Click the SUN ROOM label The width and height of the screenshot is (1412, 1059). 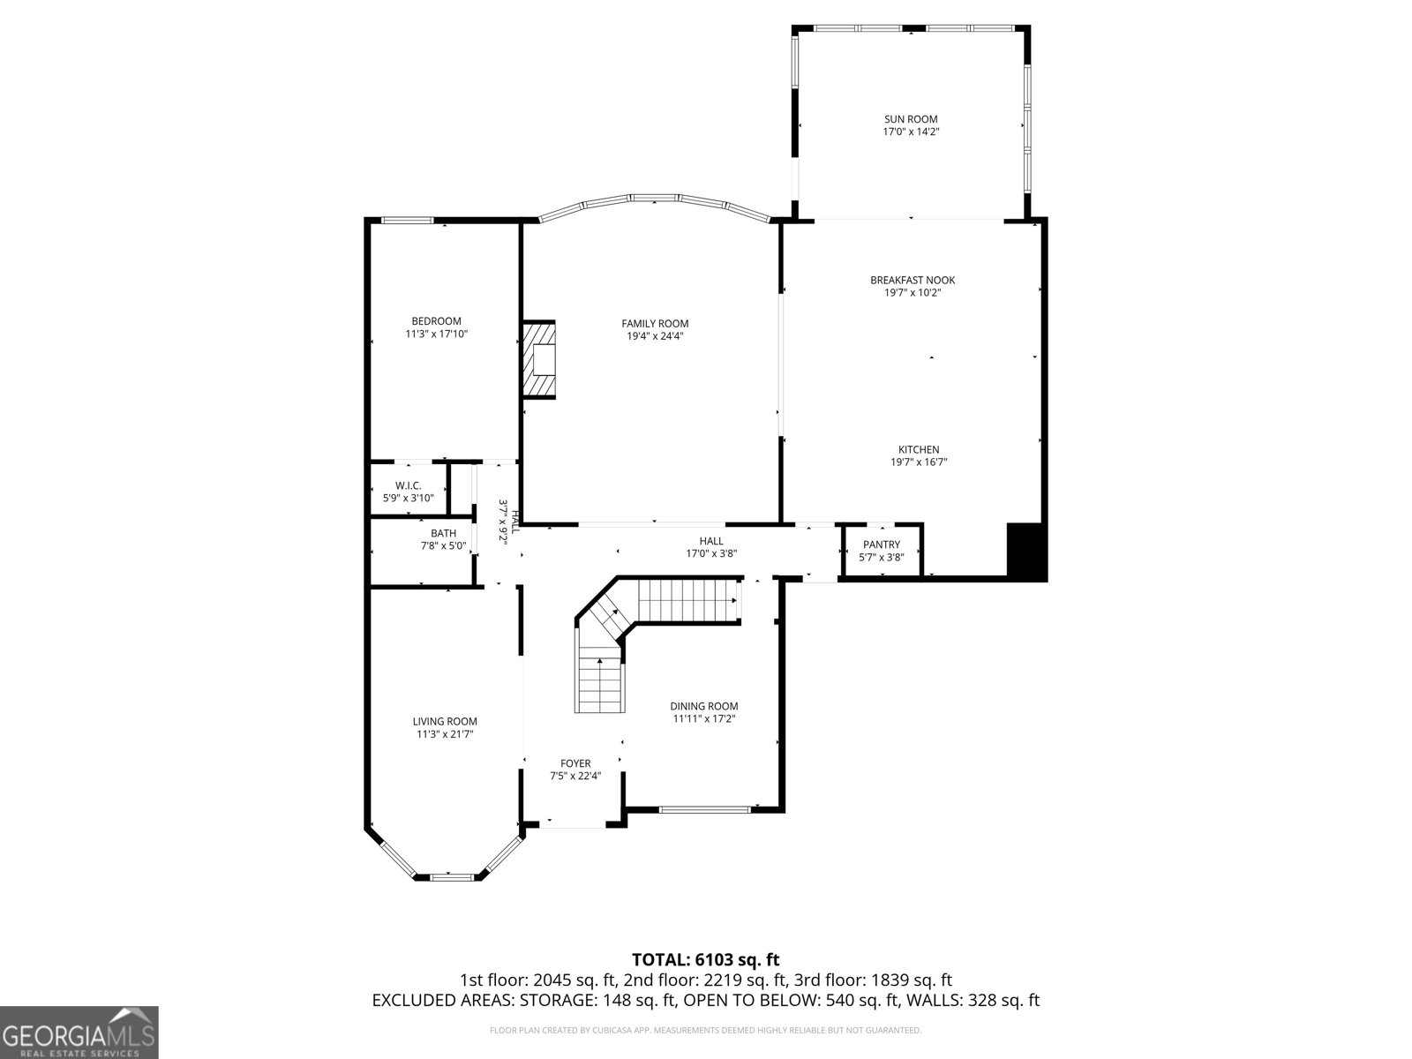(x=911, y=119)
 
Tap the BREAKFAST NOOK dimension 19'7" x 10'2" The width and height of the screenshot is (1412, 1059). (x=913, y=293)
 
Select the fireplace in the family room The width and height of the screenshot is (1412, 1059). (x=539, y=360)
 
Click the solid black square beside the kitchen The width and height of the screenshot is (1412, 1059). (x=1026, y=552)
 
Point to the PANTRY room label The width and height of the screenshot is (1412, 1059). (x=881, y=545)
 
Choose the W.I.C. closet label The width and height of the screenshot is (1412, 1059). (x=408, y=486)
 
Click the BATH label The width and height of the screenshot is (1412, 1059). (x=443, y=533)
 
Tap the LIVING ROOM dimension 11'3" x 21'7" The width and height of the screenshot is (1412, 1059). (x=445, y=734)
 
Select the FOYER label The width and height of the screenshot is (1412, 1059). (x=575, y=763)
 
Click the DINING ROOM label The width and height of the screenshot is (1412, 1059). (x=703, y=706)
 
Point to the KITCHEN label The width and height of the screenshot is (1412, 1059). (x=919, y=449)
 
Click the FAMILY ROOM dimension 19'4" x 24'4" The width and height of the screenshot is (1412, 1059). (x=655, y=336)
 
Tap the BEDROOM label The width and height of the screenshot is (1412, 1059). (x=436, y=321)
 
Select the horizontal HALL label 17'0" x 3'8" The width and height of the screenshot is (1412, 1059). (x=711, y=547)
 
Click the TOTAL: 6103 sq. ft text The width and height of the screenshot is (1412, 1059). (x=705, y=959)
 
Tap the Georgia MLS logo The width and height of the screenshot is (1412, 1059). (x=79, y=1032)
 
